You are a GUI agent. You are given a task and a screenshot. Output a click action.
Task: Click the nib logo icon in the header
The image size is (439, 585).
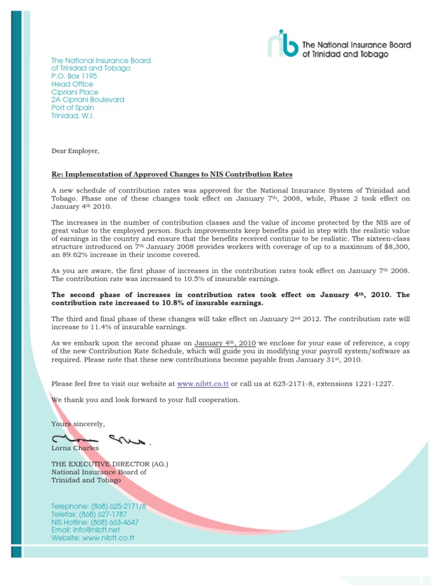pyautogui.click(x=282, y=43)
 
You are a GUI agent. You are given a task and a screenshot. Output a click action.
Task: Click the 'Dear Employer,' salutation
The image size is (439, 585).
pyautogui.click(x=75, y=151)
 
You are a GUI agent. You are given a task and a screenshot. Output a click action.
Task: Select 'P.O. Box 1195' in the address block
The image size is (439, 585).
pyautogui.click(x=74, y=76)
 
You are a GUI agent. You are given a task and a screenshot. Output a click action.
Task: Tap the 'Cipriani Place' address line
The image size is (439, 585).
pyautogui.click(x=75, y=92)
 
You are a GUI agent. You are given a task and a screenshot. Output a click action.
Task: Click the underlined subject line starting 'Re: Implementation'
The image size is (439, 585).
pyautogui.click(x=171, y=174)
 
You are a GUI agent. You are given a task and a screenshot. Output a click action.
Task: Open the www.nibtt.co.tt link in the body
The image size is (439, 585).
pyautogui.click(x=203, y=384)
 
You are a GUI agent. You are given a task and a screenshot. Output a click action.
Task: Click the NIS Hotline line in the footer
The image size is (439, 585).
pyautogui.click(x=95, y=522)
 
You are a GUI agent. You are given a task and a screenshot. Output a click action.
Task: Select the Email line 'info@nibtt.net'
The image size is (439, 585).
pyautogui.click(x=87, y=530)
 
